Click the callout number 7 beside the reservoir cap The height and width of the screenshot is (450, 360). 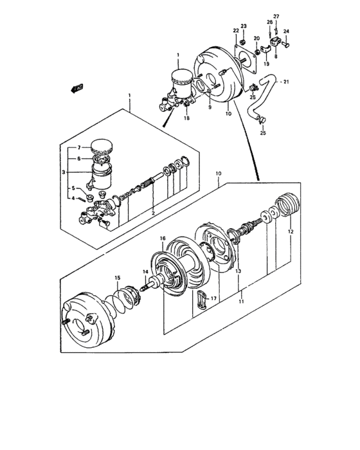80,148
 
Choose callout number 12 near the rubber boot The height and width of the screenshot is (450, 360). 290,231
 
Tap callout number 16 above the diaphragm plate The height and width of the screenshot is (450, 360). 162,239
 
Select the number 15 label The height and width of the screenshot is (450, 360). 118,277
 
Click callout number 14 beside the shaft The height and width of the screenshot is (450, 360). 145,272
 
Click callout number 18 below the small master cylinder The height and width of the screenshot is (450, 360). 186,118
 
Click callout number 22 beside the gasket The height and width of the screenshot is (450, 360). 236,30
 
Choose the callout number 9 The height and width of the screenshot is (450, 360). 209,107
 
